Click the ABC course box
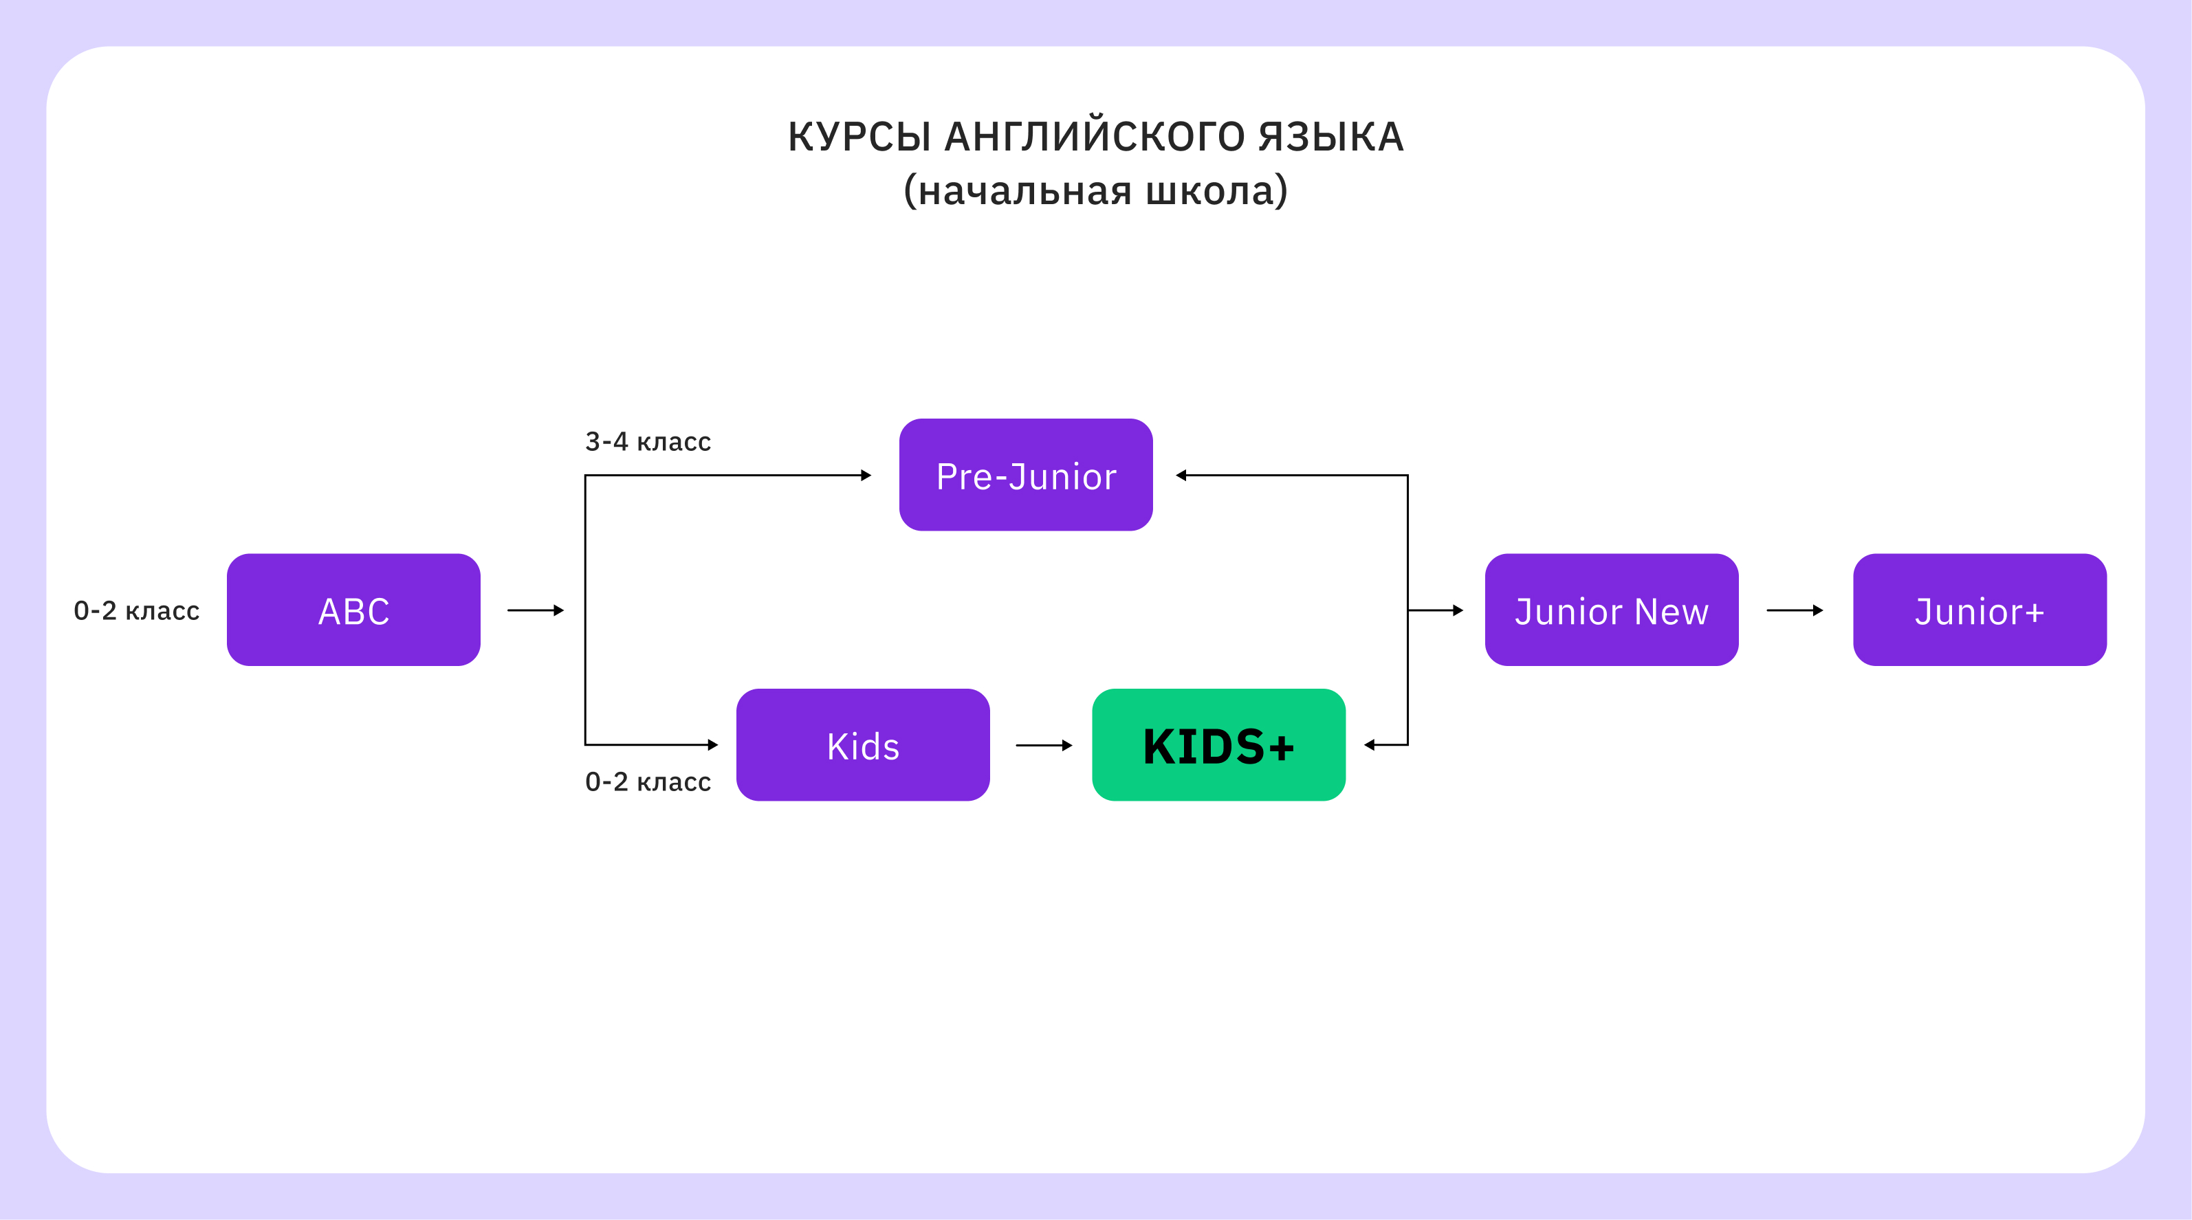point(353,610)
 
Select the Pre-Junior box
point(1025,475)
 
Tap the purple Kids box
point(863,745)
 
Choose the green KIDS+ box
point(1218,745)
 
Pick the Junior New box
point(1611,610)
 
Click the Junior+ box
point(1980,610)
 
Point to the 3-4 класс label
point(648,441)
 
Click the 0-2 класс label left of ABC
point(136,611)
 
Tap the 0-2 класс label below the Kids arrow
point(648,782)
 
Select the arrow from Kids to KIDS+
point(1043,745)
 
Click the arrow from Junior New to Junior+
point(1794,610)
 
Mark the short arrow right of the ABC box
point(535,610)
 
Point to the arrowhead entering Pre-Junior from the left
point(866,476)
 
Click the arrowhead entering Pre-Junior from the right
point(1182,476)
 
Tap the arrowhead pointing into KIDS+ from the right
point(1370,745)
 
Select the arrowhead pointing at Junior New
point(1458,610)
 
